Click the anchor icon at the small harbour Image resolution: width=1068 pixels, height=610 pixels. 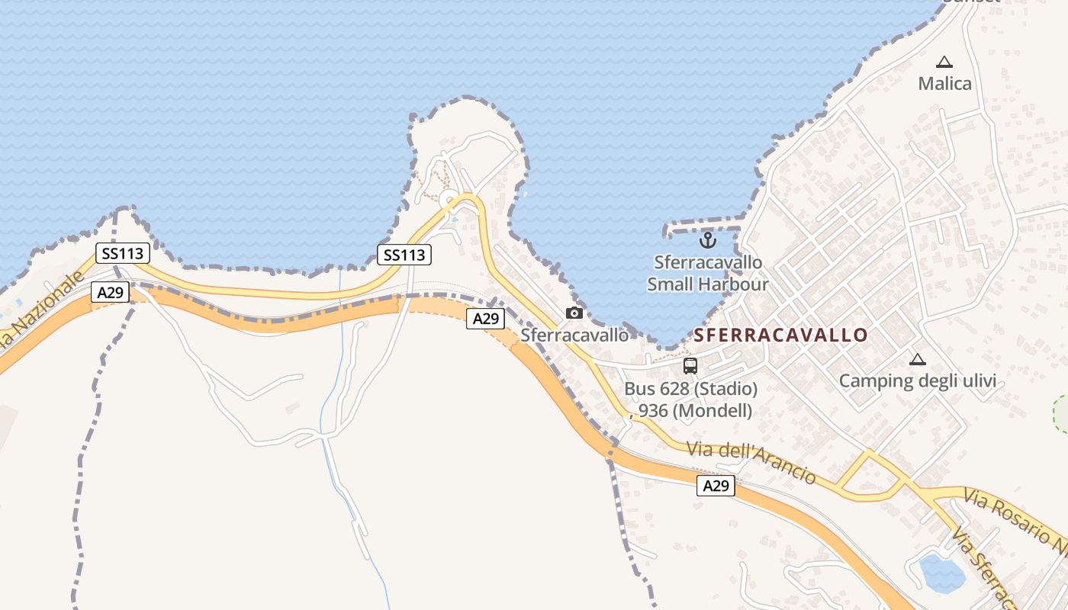(x=708, y=241)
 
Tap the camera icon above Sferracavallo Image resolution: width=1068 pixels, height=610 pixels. (x=574, y=313)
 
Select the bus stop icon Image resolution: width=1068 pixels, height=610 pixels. (x=690, y=366)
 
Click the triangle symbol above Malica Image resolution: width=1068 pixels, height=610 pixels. (x=944, y=62)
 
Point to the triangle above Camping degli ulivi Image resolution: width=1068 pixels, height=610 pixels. (x=918, y=359)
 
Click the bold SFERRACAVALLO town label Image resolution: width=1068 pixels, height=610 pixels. (x=780, y=335)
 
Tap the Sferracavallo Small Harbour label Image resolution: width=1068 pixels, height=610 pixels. (x=708, y=273)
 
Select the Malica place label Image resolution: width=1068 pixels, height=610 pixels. (x=944, y=83)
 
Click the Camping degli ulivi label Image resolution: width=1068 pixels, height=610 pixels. (x=918, y=380)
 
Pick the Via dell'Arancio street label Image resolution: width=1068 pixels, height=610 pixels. (x=751, y=461)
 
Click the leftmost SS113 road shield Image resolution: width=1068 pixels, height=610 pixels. (x=122, y=253)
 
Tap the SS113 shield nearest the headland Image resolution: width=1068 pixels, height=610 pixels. (x=404, y=255)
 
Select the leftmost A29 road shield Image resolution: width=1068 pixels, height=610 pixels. (x=110, y=291)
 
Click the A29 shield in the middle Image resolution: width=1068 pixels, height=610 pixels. (x=485, y=319)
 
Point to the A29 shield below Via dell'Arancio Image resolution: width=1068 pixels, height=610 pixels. (x=716, y=486)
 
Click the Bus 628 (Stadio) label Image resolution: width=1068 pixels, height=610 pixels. (x=690, y=389)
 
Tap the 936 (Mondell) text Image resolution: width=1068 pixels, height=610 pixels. (x=695, y=410)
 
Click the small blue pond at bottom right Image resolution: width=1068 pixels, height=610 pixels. (x=941, y=573)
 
